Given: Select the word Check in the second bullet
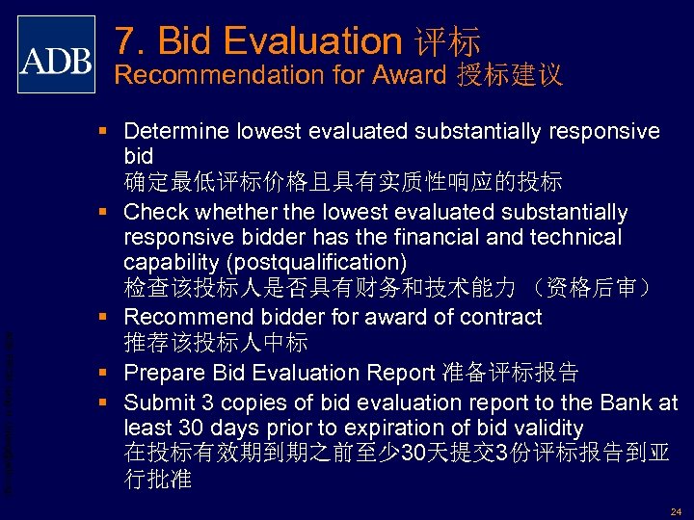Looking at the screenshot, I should click(x=156, y=212).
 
